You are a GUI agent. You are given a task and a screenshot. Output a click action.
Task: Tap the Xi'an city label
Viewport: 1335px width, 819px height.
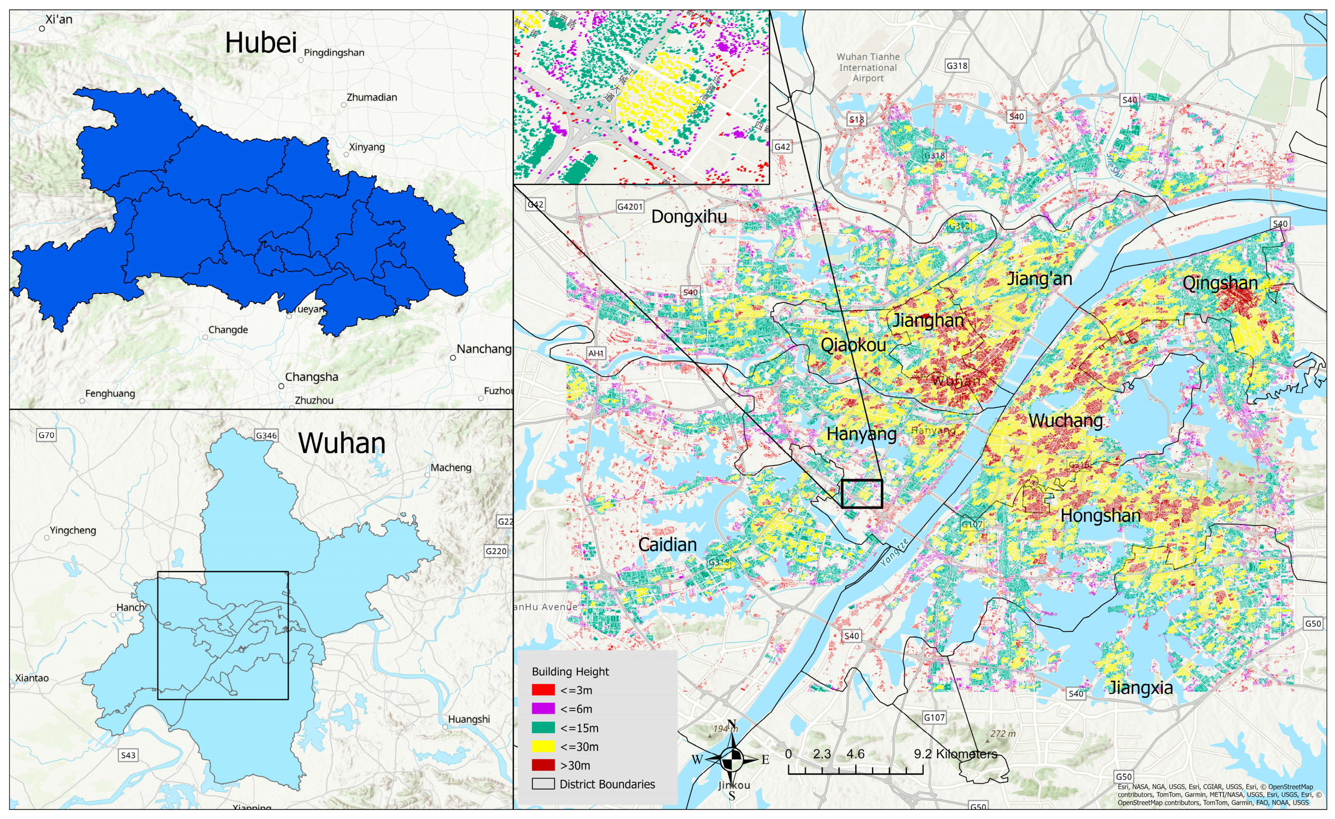point(58,19)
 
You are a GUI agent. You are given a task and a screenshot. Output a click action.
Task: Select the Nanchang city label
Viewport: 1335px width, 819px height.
point(483,349)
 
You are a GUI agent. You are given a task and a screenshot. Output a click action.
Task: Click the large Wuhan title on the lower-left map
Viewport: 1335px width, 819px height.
point(341,443)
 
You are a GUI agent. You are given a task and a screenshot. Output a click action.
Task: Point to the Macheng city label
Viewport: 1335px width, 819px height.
point(450,468)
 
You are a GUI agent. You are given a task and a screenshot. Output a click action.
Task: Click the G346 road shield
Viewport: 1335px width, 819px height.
point(266,435)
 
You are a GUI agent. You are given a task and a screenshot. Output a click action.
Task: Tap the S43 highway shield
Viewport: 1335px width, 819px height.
point(128,755)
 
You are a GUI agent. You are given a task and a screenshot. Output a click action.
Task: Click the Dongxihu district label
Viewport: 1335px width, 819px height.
point(689,217)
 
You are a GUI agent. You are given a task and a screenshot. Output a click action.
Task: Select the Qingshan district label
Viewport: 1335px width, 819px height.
point(1220,283)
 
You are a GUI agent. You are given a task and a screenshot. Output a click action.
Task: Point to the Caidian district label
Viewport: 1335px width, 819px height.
point(667,544)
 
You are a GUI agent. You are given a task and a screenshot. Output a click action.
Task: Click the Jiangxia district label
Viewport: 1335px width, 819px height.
point(1140,687)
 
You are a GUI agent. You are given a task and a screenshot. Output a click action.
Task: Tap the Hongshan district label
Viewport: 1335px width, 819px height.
point(1100,515)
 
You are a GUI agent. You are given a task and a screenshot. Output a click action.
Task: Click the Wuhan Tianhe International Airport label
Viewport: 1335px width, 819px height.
point(867,67)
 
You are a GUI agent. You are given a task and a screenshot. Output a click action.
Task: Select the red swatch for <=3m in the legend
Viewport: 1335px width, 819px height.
point(543,690)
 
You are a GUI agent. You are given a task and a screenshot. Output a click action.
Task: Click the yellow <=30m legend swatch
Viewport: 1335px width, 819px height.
point(543,747)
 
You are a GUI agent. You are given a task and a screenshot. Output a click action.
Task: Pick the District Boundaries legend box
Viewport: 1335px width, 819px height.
point(543,784)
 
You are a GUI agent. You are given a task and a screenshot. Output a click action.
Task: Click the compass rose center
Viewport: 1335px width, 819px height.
point(731,760)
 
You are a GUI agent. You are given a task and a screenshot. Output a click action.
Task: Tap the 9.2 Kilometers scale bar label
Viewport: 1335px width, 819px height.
point(955,754)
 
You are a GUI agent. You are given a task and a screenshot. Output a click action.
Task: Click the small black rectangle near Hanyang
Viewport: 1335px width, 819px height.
point(862,493)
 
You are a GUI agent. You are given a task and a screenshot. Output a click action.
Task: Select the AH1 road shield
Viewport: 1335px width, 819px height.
point(596,353)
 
